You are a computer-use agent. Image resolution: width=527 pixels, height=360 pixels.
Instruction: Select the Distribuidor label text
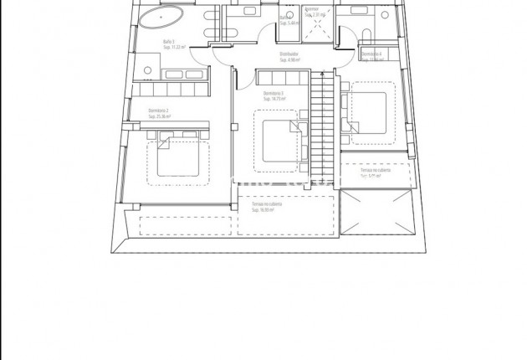291,55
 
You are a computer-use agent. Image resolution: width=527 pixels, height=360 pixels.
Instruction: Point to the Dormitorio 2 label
158,111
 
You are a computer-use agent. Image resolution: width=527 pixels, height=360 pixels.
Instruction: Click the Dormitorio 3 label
274,93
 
